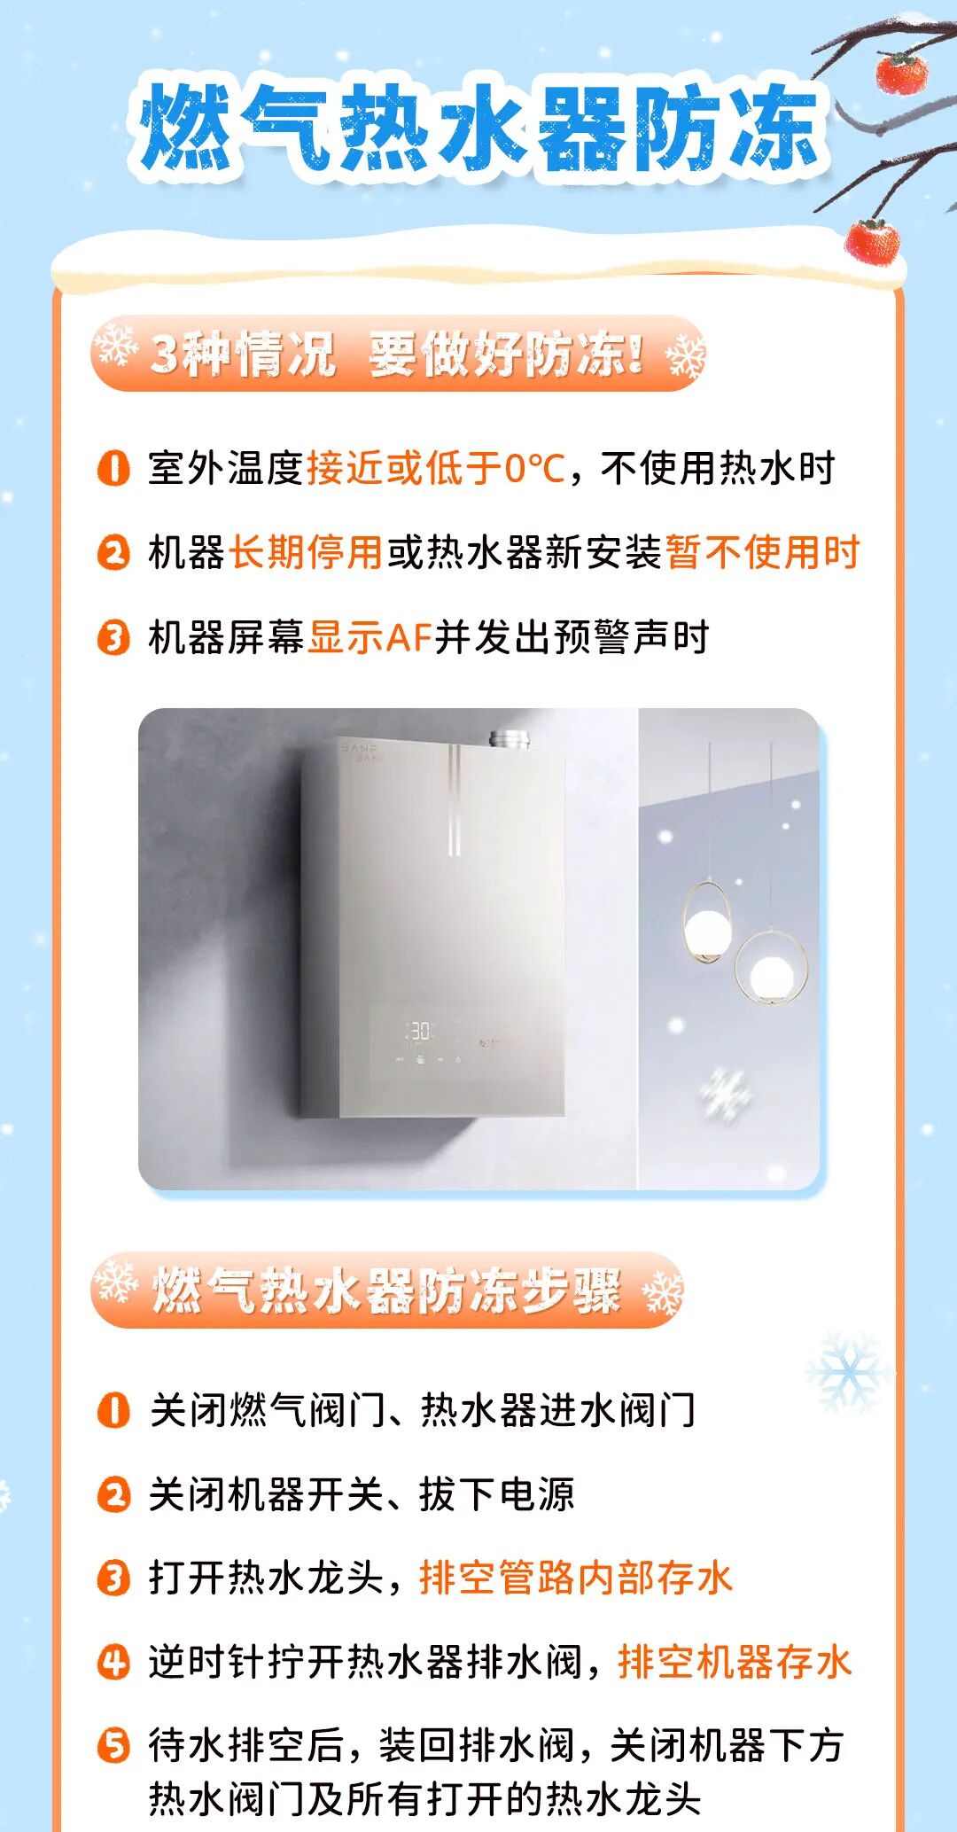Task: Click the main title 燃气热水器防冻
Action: pos(478,127)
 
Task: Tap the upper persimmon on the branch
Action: pos(901,73)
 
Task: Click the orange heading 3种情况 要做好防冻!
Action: pos(397,354)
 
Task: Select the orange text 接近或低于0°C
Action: pos(435,468)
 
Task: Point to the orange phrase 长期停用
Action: pos(306,552)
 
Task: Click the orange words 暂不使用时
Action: pos(762,552)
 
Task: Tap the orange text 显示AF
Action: pos(370,637)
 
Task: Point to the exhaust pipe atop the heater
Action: pos(510,738)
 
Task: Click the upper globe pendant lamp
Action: pos(708,925)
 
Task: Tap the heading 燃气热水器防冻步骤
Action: pos(386,1290)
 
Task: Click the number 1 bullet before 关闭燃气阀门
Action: pos(113,1409)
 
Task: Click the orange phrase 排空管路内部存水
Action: pos(576,1578)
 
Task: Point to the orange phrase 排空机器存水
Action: pos(735,1661)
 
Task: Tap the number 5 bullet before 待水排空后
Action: pos(113,1745)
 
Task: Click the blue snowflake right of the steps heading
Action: pos(847,1372)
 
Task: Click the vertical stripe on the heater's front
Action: pos(454,799)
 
